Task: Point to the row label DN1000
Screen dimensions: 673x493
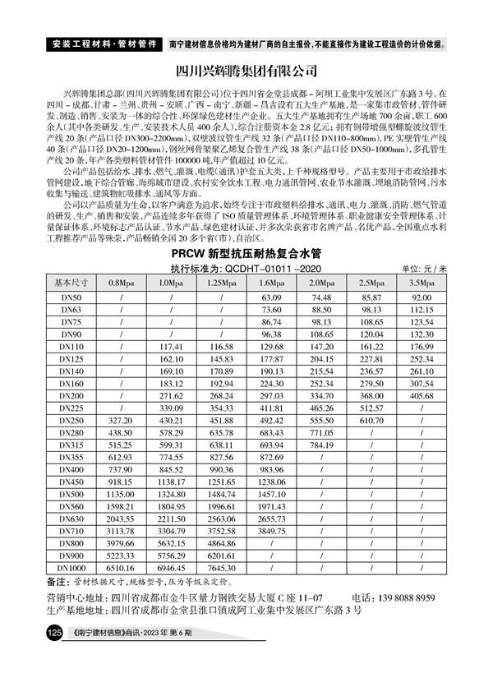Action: tap(71, 568)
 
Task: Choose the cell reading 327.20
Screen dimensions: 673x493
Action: tap(120, 420)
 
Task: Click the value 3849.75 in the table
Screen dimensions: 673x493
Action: tap(271, 531)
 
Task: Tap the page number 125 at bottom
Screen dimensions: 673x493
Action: tap(54, 634)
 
